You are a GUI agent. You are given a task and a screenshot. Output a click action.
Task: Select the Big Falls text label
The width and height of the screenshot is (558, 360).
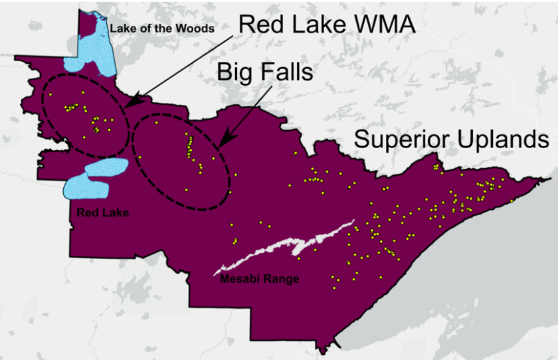(265, 72)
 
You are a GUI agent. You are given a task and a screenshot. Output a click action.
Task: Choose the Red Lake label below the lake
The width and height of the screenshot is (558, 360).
(102, 213)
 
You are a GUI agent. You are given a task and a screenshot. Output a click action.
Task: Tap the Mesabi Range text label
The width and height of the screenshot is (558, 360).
(259, 279)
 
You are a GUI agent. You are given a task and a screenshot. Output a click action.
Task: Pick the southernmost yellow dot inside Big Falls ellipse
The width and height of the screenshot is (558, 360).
(186, 190)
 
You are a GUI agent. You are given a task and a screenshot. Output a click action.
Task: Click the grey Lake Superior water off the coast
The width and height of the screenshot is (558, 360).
(465, 279)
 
